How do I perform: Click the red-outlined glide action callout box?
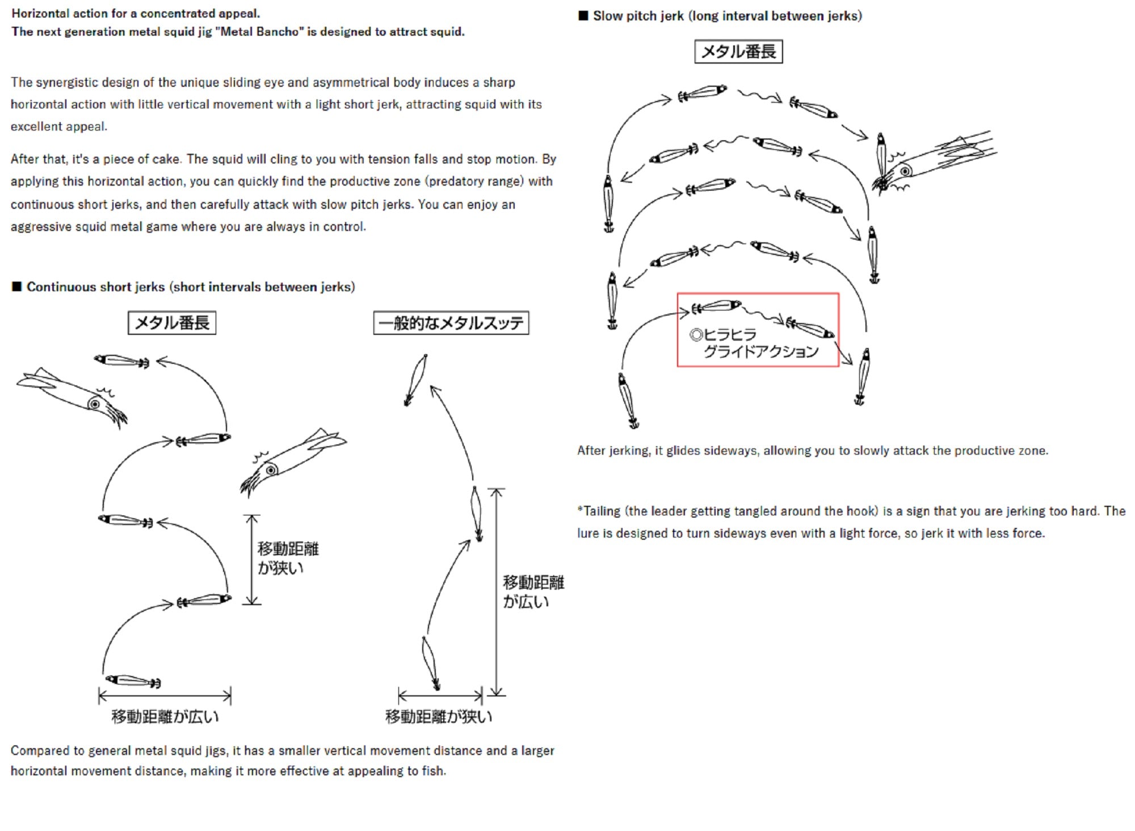point(758,330)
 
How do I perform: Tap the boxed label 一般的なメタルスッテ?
point(451,323)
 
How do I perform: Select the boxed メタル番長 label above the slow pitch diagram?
point(738,52)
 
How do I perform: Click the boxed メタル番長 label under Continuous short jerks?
point(172,323)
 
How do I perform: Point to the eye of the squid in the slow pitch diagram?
point(905,170)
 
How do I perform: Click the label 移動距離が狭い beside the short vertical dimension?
point(288,558)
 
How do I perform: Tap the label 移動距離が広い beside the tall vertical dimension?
point(533,591)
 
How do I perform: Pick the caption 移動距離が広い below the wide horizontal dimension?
point(165,716)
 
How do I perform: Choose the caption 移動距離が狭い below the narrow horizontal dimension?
point(439,716)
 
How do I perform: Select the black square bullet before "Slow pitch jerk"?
point(583,16)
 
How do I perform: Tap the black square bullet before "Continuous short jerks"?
point(16,287)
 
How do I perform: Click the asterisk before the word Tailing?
point(580,510)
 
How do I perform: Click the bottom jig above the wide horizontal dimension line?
point(133,681)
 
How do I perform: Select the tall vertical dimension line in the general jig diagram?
point(497,591)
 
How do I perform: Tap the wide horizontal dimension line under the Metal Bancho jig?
point(165,695)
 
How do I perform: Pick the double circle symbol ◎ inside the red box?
point(696,335)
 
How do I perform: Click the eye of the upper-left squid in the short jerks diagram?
point(95,404)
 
